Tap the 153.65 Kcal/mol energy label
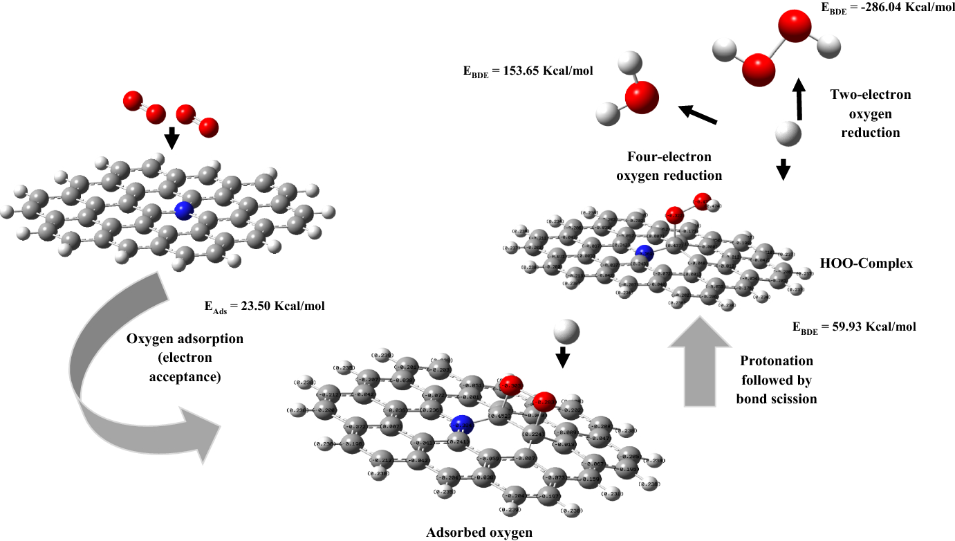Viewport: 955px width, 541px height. [528, 71]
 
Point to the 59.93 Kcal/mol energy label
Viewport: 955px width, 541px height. [854, 327]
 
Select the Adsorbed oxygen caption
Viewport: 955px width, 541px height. [480, 532]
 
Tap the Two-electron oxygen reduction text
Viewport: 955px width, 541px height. [871, 113]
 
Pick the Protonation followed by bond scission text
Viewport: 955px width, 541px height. [776, 380]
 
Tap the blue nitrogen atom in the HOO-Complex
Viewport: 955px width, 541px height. [644, 253]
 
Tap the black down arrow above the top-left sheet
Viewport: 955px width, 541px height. [171, 138]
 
